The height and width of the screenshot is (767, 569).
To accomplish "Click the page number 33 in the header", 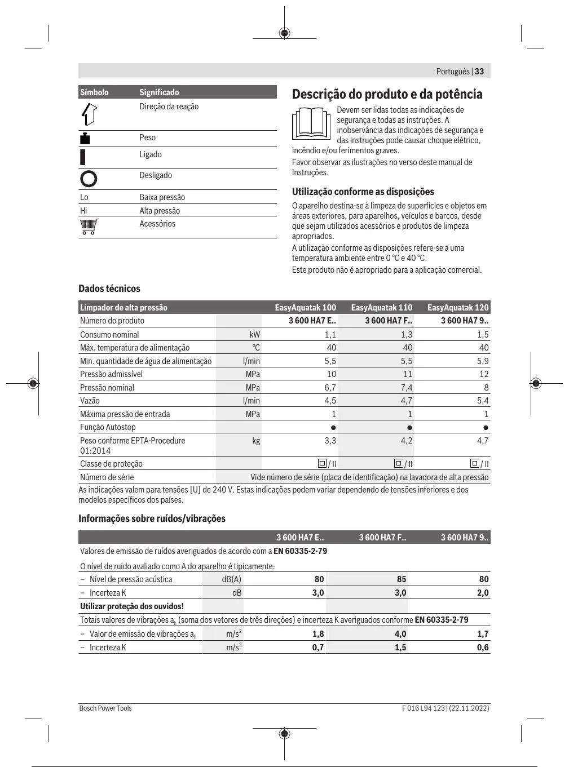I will point(479,72).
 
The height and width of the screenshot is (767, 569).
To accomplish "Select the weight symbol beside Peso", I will point(85,138).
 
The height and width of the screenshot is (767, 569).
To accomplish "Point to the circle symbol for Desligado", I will point(89,179).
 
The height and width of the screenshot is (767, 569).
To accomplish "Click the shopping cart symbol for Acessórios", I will point(89,226).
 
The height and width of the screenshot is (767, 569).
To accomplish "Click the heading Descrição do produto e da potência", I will point(387,94).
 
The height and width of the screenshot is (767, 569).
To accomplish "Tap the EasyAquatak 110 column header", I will point(381,308).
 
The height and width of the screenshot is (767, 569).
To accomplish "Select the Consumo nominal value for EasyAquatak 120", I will point(483,335).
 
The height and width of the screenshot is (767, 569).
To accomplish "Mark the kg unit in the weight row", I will point(256,441).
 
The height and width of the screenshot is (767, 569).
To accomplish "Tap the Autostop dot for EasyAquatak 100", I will point(333,428).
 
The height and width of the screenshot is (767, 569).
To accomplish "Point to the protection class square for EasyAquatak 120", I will point(474,463).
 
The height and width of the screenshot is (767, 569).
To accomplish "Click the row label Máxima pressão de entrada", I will point(125,414).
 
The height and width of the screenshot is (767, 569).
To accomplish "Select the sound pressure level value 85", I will point(401,579).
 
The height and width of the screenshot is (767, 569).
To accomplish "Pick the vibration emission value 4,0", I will point(400,634).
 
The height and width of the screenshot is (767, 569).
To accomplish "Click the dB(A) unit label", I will point(231,579).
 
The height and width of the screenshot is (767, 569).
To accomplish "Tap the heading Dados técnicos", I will point(109,289).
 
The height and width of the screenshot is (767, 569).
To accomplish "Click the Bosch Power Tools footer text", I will point(105,708).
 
